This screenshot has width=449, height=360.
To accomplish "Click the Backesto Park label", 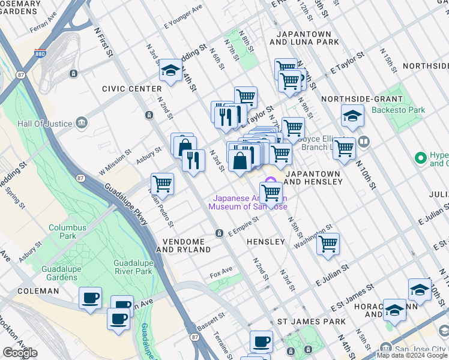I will tap(398, 110).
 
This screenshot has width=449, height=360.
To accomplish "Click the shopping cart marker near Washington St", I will tap(328, 243).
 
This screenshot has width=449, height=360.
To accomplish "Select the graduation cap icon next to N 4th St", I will tap(170, 71).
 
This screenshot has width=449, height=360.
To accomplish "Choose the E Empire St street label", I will tap(243, 226).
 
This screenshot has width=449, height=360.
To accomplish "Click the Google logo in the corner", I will tap(20, 353).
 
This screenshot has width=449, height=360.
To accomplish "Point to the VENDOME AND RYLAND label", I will tap(183, 245).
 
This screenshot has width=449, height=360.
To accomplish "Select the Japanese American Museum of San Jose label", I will tap(247, 203).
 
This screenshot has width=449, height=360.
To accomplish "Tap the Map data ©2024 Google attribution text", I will tap(412, 355).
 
